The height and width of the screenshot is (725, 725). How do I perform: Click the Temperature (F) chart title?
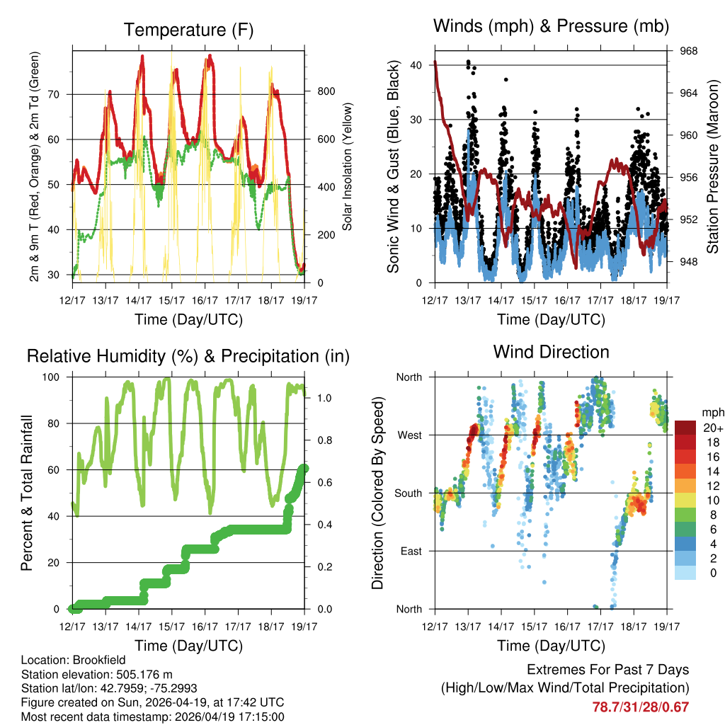pyautogui.click(x=188, y=30)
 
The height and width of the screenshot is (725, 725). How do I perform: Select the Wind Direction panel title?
pyautogui.click(x=551, y=352)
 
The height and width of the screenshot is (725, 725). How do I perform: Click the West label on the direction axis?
pyautogui.click(x=409, y=435)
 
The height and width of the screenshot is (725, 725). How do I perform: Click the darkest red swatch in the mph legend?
pyautogui.click(x=685, y=428)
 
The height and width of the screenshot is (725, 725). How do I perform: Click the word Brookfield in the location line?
pyautogui.click(x=96, y=659)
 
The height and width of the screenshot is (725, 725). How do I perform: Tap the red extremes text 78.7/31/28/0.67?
pyautogui.click(x=640, y=707)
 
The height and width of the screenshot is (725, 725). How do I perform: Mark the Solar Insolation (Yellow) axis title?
pyautogui.click(x=348, y=167)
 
